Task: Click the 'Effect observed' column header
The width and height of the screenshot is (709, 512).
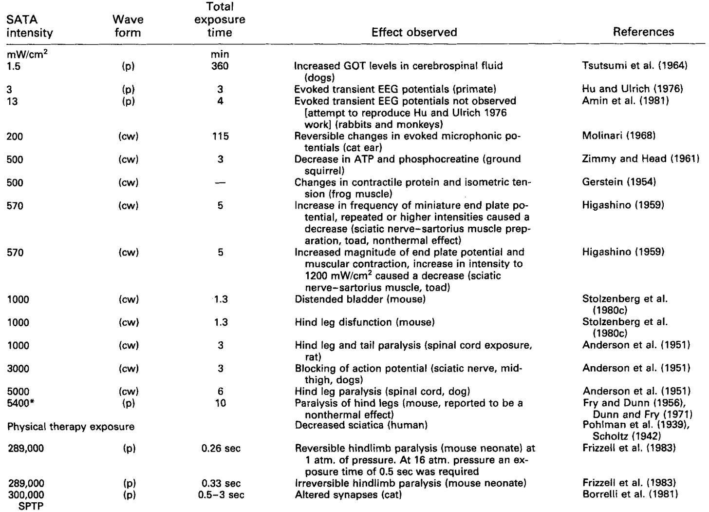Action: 414,32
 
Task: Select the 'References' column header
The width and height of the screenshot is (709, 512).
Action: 643,32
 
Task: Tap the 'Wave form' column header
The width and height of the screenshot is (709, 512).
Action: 128,26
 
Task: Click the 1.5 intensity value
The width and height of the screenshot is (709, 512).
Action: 15,66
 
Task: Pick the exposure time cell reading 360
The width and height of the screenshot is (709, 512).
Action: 220,66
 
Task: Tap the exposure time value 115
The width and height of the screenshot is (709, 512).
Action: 220,136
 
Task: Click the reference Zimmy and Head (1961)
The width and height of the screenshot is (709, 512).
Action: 640,159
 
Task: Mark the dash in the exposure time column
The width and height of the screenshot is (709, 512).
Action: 220,182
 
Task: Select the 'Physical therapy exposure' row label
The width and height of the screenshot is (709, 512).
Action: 71,427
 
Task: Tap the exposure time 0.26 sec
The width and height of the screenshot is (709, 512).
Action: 221,449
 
